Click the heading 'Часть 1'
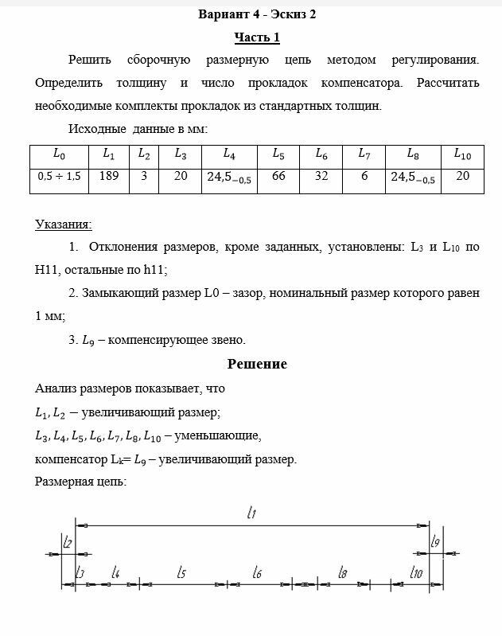coord(257,37)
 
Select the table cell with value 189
coord(109,176)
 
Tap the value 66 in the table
coord(278,176)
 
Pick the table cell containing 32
coord(321,176)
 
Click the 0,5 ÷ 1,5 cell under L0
coord(59,177)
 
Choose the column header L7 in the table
coord(364,154)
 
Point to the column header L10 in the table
coord(462,154)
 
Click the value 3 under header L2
coord(144,176)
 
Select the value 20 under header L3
coord(181,176)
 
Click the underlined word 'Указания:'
coord(63,225)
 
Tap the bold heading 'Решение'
coord(257,364)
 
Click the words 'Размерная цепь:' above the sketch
coord(80,481)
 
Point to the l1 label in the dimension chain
coord(251,514)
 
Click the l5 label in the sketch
coord(181,572)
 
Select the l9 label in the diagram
coord(435,542)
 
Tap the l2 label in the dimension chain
coord(68,543)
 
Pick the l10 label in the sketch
coord(415,572)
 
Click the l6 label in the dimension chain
coord(257,572)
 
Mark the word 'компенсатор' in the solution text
coord(70,458)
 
